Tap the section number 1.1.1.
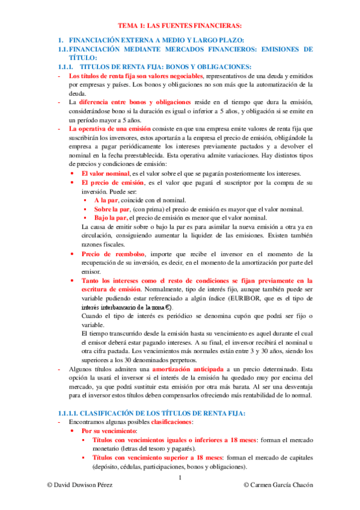point(62,67)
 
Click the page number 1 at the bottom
point(180,478)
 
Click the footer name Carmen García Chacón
point(278,485)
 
